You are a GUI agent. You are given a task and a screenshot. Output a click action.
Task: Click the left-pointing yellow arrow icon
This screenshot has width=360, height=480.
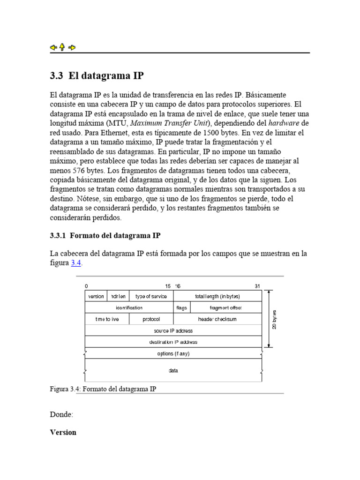[53, 47]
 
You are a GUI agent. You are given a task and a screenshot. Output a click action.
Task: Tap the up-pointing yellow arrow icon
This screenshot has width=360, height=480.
[62, 47]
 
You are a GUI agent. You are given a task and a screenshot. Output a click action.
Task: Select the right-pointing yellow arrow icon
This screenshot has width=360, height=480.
[72, 47]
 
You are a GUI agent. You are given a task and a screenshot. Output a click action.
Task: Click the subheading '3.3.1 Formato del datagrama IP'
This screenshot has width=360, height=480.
[105, 235]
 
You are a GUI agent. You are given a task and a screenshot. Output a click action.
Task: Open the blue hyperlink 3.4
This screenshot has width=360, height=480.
[76, 263]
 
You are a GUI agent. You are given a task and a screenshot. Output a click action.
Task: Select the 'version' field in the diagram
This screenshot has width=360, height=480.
[96, 296]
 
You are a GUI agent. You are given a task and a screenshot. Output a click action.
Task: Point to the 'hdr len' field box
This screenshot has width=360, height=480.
[118, 296]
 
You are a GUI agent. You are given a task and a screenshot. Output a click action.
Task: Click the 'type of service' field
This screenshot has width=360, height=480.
[151, 296]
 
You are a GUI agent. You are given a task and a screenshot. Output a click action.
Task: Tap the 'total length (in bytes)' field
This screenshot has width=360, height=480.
[217, 296]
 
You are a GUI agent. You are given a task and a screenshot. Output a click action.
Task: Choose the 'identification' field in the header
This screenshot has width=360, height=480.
[129, 308]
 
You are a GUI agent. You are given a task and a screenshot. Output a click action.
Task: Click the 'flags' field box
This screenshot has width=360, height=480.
[182, 308]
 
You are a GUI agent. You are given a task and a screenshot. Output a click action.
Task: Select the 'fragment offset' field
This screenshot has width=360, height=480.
[226, 308]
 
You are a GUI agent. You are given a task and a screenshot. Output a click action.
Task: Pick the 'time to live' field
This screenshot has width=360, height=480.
[107, 319]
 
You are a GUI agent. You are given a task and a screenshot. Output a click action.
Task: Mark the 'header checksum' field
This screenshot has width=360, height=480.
[217, 319]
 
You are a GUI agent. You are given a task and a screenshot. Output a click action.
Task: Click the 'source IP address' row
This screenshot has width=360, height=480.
[173, 330]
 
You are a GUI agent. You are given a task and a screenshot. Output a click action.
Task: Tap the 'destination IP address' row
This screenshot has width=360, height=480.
[173, 342]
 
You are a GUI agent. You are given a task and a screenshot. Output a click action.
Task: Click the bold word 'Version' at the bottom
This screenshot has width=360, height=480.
[63, 432]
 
